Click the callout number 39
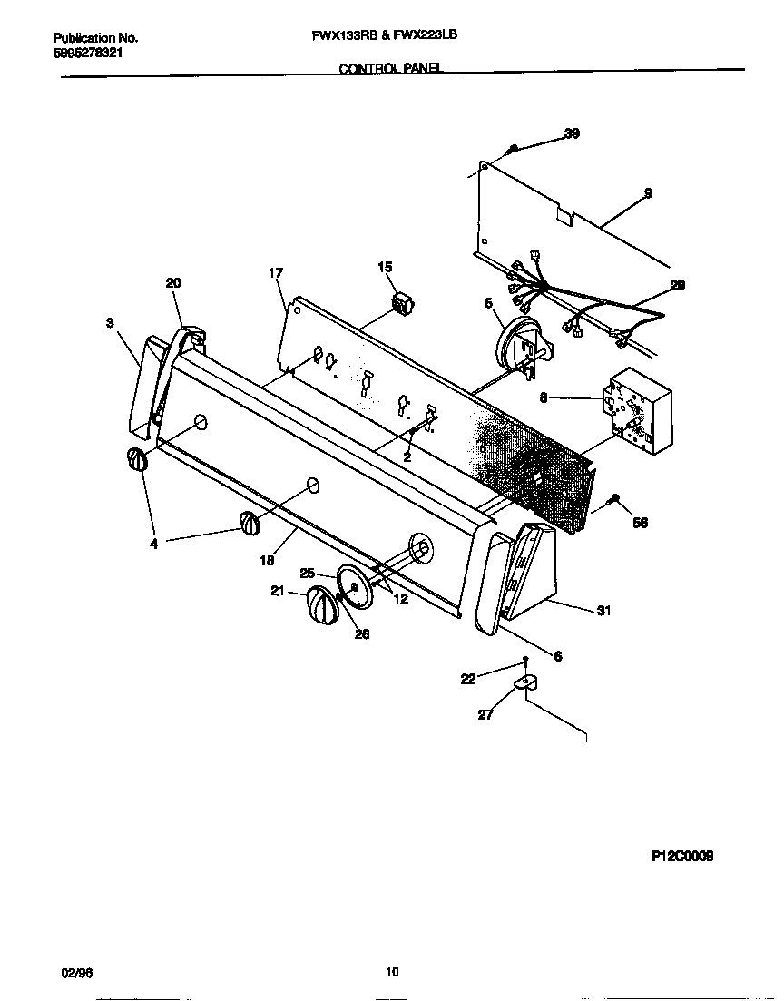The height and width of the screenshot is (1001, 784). tap(572, 133)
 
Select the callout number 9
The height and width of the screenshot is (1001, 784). tap(648, 192)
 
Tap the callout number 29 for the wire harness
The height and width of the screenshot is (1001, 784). tap(677, 285)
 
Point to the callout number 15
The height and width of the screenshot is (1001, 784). tap(385, 266)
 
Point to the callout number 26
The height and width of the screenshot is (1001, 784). tap(361, 634)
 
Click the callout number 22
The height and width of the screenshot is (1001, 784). tap(467, 678)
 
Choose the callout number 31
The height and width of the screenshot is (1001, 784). tap(603, 611)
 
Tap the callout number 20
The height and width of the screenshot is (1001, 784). tap(173, 283)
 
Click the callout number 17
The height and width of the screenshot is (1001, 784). tap(276, 272)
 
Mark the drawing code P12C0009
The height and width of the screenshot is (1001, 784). tap(681, 856)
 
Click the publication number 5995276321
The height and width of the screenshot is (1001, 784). tap(89, 53)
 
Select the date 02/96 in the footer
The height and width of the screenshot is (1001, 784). tap(76, 972)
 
